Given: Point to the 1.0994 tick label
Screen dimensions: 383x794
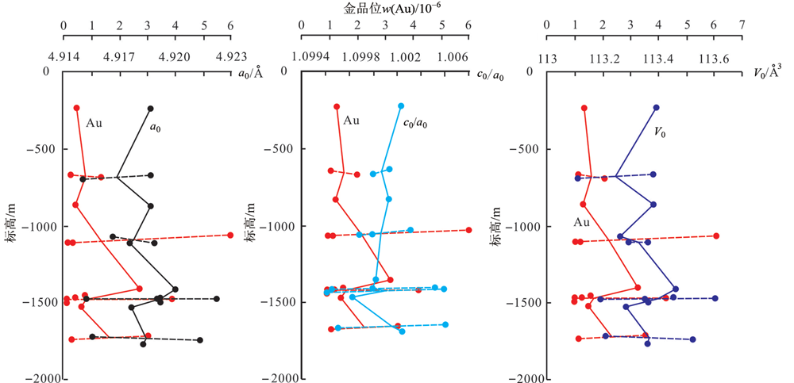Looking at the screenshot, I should tap(302, 57).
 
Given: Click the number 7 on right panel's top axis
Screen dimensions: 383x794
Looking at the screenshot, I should tap(742, 24).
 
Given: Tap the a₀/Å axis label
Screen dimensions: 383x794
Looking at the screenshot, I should tap(251, 75).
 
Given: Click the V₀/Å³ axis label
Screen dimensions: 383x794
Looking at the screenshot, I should tap(767, 73).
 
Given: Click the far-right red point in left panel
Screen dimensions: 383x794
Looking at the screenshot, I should tap(230, 235).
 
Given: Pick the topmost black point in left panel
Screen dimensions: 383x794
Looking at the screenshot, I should tap(150, 109).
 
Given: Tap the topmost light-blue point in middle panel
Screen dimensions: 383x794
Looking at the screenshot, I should tap(402, 105).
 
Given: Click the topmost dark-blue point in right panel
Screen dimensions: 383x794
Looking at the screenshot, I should tap(657, 108).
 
